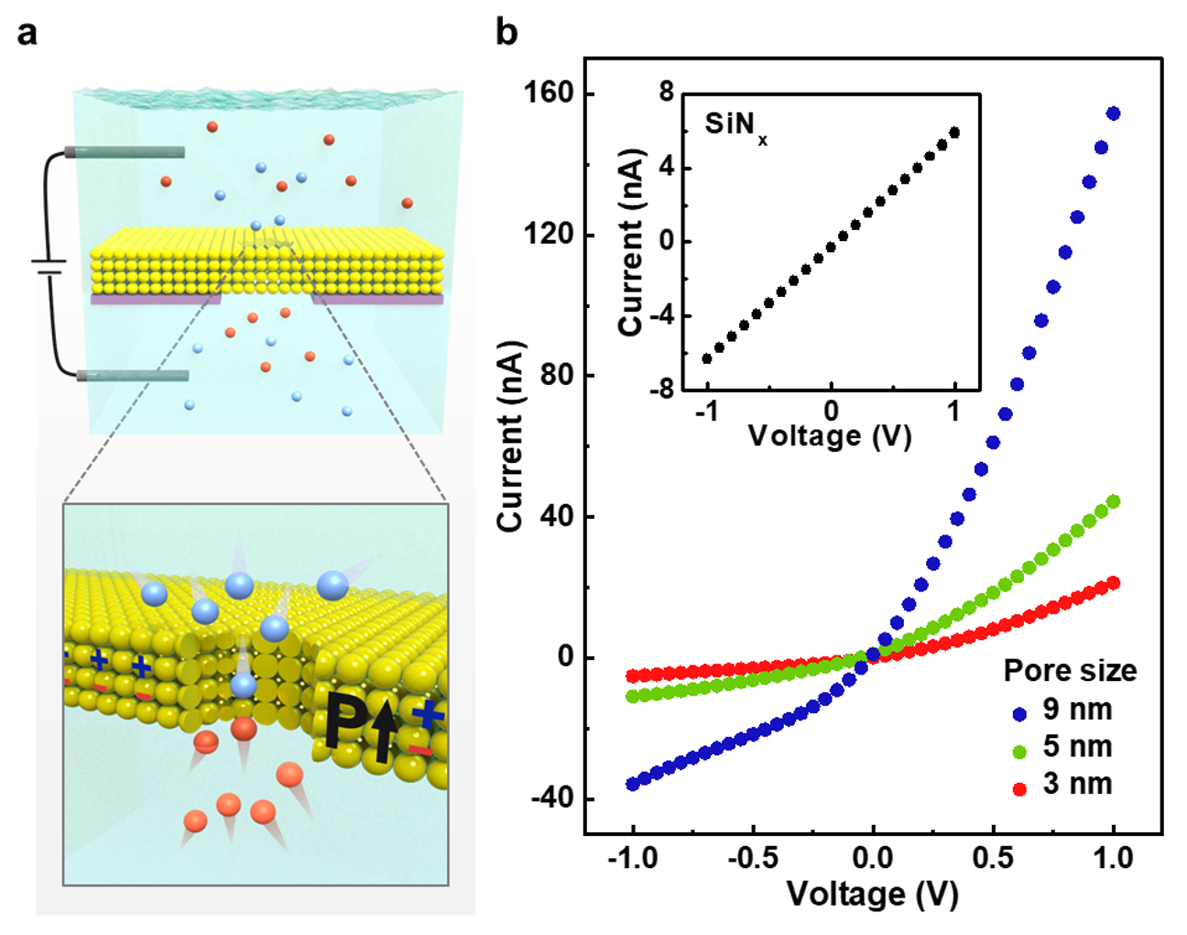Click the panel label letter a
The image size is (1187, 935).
[x=27, y=34]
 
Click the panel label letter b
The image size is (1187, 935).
[x=506, y=33]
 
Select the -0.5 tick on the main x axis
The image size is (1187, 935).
[x=752, y=859]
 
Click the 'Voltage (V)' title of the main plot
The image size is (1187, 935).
[x=872, y=894]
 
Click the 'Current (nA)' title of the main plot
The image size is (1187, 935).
[x=509, y=436]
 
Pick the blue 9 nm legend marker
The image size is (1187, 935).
[x=1019, y=713]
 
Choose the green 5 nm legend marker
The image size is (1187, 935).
[x=1019, y=751]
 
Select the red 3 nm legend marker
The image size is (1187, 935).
[x=1019, y=788]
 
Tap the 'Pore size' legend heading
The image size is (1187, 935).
[x=1070, y=671]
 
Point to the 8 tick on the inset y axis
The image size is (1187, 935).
[x=666, y=93]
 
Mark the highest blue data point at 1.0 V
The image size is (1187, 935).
[x=1114, y=114]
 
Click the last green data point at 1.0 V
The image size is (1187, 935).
[x=1114, y=501]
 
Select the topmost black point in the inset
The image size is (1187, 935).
[x=954, y=132]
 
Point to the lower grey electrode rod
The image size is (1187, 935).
[x=133, y=376]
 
